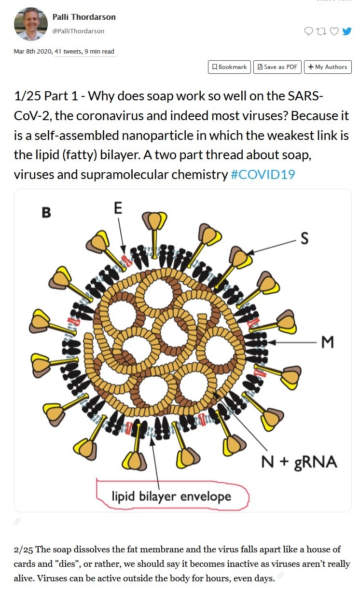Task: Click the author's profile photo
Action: coord(30,24)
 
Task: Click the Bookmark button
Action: coord(229,67)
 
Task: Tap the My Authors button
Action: coord(328,67)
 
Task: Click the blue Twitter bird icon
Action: coord(347,31)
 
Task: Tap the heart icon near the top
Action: coord(334,31)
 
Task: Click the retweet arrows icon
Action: coord(321,31)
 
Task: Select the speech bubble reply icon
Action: coord(309,31)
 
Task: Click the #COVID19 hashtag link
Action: coord(263,174)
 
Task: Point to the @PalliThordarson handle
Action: coord(78,31)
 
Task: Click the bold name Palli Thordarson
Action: coord(84,17)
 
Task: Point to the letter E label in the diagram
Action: coord(118,208)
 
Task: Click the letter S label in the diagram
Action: coord(305,238)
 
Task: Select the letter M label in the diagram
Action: coord(328,342)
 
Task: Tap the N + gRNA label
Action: coord(299,462)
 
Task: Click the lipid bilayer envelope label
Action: coord(172,496)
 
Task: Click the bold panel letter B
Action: coord(46,212)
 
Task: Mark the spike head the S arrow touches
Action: coord(240,257)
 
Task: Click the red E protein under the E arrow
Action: coord(126,260)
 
